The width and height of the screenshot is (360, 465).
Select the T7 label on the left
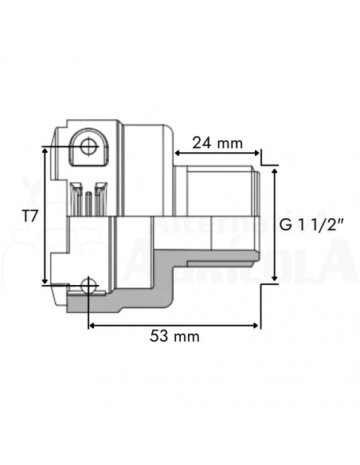[29, 215]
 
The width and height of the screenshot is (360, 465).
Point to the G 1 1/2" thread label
[311, 225]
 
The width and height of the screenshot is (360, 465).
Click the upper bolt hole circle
[87, 146]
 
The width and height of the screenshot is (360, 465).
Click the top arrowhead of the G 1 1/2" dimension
[275, 169]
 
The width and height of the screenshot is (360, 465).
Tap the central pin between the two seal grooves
[88, 199]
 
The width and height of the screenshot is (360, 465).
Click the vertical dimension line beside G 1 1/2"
[275, 225]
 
